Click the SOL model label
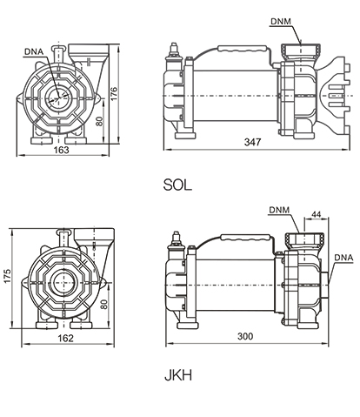177,185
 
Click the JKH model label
178,375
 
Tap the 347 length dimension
252,142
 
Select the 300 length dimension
245,336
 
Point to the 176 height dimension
114,93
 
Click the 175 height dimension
7,276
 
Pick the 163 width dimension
62,150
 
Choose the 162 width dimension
66,339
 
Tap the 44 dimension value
316,214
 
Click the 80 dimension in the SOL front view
99,121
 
